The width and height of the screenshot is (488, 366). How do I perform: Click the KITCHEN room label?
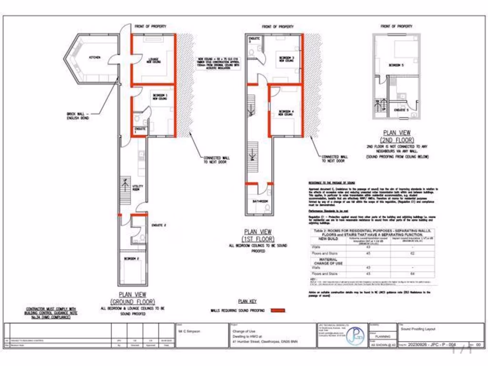click(95, 58)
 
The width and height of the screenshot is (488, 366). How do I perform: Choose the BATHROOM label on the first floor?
click(260, 202)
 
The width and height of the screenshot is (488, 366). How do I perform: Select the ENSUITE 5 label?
click(401, 110)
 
